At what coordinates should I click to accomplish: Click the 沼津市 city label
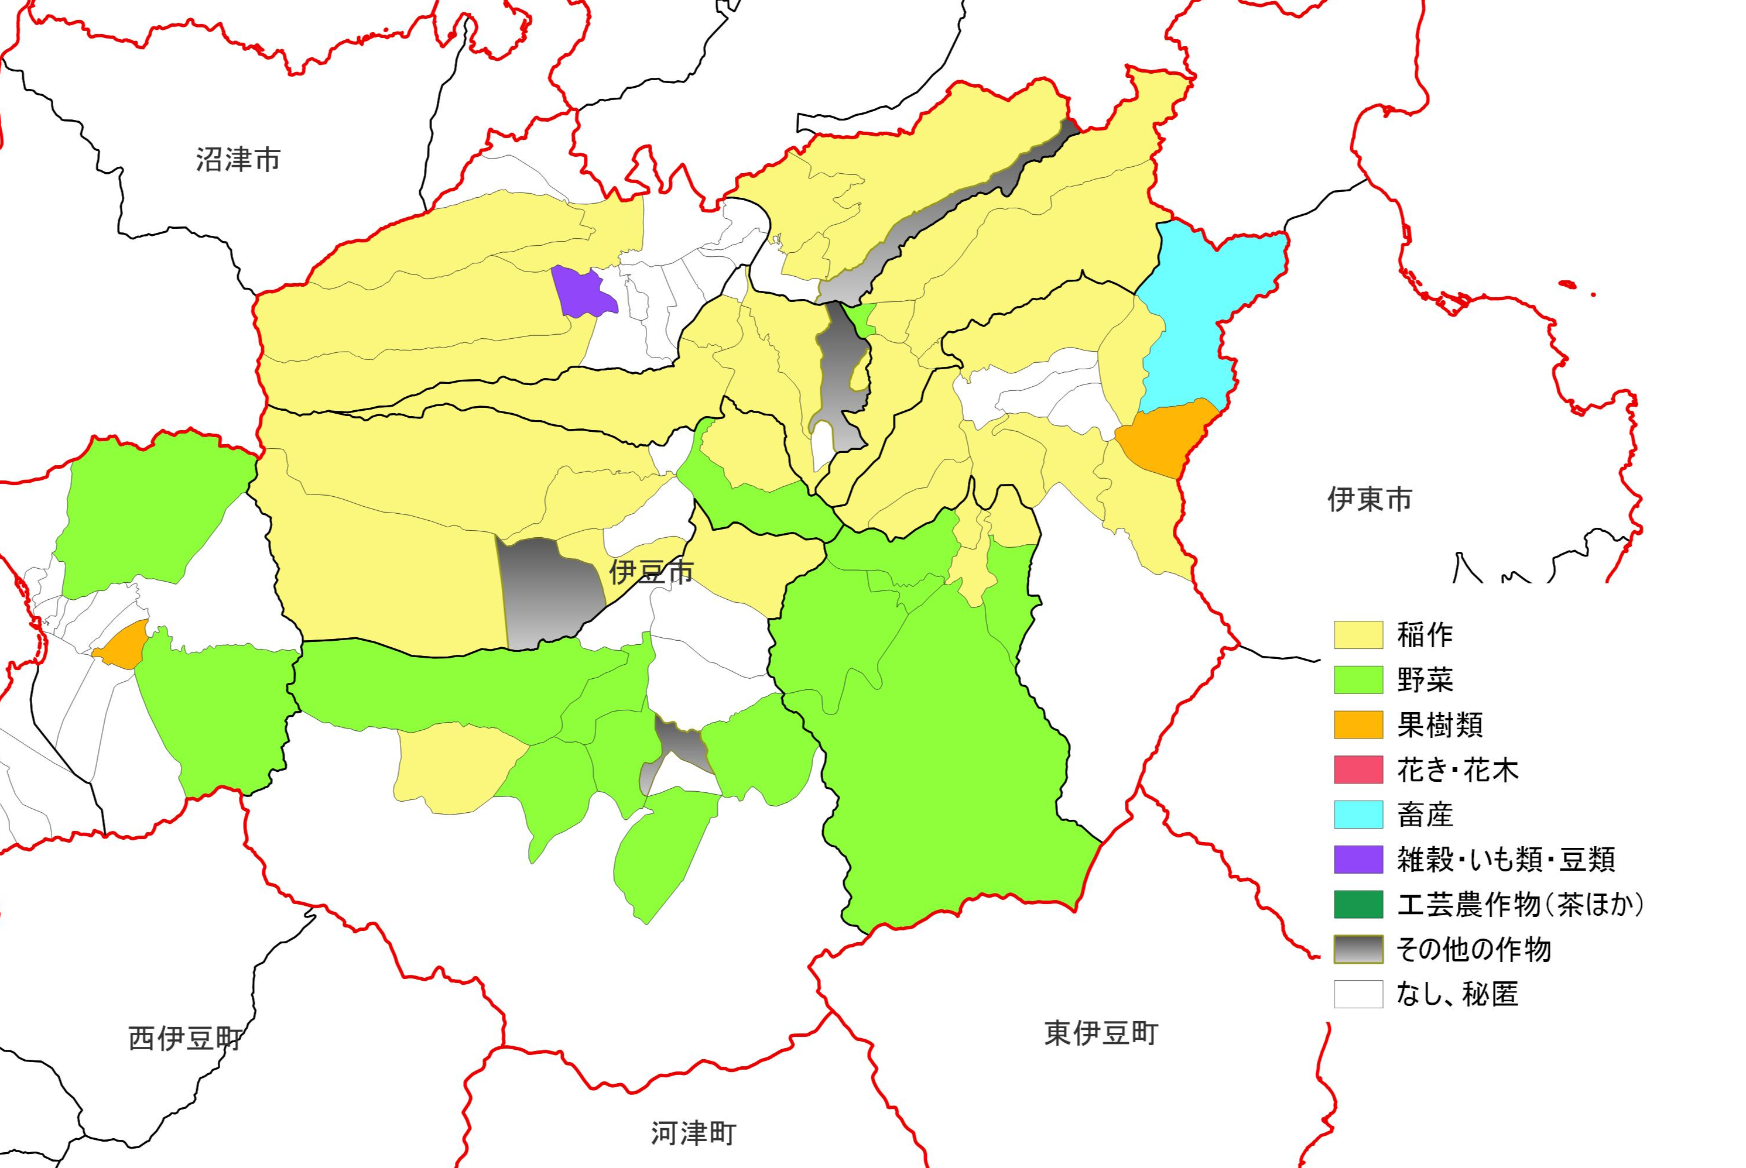click(x=238, y=159)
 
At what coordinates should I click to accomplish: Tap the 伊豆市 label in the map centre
click(x=651, y=571)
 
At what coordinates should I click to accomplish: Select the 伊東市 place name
click(x=1369, y=499)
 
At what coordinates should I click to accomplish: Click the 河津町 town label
click(x=693, y=1133)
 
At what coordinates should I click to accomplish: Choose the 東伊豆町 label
click(x=1101, y=1033)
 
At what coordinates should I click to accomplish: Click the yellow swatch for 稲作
click(x=1358, y=635)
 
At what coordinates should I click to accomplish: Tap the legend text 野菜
click(x=1424, y=679)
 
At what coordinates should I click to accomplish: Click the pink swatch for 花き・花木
click(x=1358, y=769)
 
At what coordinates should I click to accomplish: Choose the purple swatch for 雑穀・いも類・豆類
click(x=1358, y=859)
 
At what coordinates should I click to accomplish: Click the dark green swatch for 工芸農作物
click(x=1358, y=904)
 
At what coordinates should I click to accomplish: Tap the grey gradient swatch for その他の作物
click(x=1358, y=949)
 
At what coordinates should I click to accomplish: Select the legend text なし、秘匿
click(x=1457, y=994)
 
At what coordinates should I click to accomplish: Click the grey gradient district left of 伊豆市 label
click(x=547, y=592)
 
